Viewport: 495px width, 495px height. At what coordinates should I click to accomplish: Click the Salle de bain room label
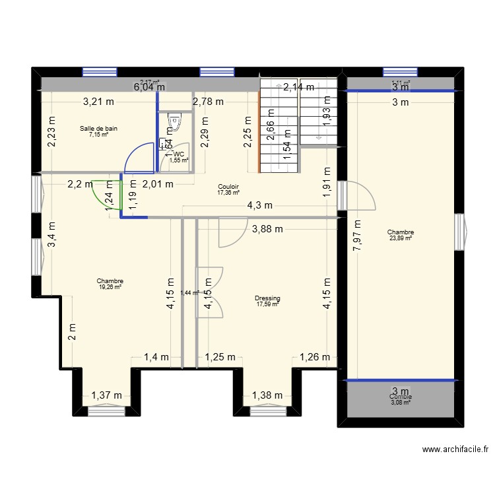click(99, 129)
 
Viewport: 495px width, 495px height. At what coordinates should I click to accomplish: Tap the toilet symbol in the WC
click(175, 122)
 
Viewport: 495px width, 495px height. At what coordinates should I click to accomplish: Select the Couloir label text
click(228, 187)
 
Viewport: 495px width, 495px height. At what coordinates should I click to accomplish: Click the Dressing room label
click(267, 298)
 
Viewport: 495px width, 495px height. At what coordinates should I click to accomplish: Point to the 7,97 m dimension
click(356, 234)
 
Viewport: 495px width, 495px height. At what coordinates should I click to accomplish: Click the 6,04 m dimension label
click(149, 86)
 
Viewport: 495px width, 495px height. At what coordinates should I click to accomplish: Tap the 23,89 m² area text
click(401, 238)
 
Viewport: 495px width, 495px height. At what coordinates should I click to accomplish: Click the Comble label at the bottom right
click(401, 397)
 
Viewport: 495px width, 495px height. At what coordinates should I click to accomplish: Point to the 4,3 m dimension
click(259, 205)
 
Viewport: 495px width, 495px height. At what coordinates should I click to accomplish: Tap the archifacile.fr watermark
click(455, 449)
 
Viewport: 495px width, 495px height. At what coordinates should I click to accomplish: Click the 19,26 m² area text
click(110, 287)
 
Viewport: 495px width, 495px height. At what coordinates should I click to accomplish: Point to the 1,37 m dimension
click(106, 395)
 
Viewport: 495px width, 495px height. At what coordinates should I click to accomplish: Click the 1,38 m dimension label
click(268, 395)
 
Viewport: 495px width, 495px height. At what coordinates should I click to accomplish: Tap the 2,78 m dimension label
click(208, 102)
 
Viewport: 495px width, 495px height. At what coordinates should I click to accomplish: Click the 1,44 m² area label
click(189, 293)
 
